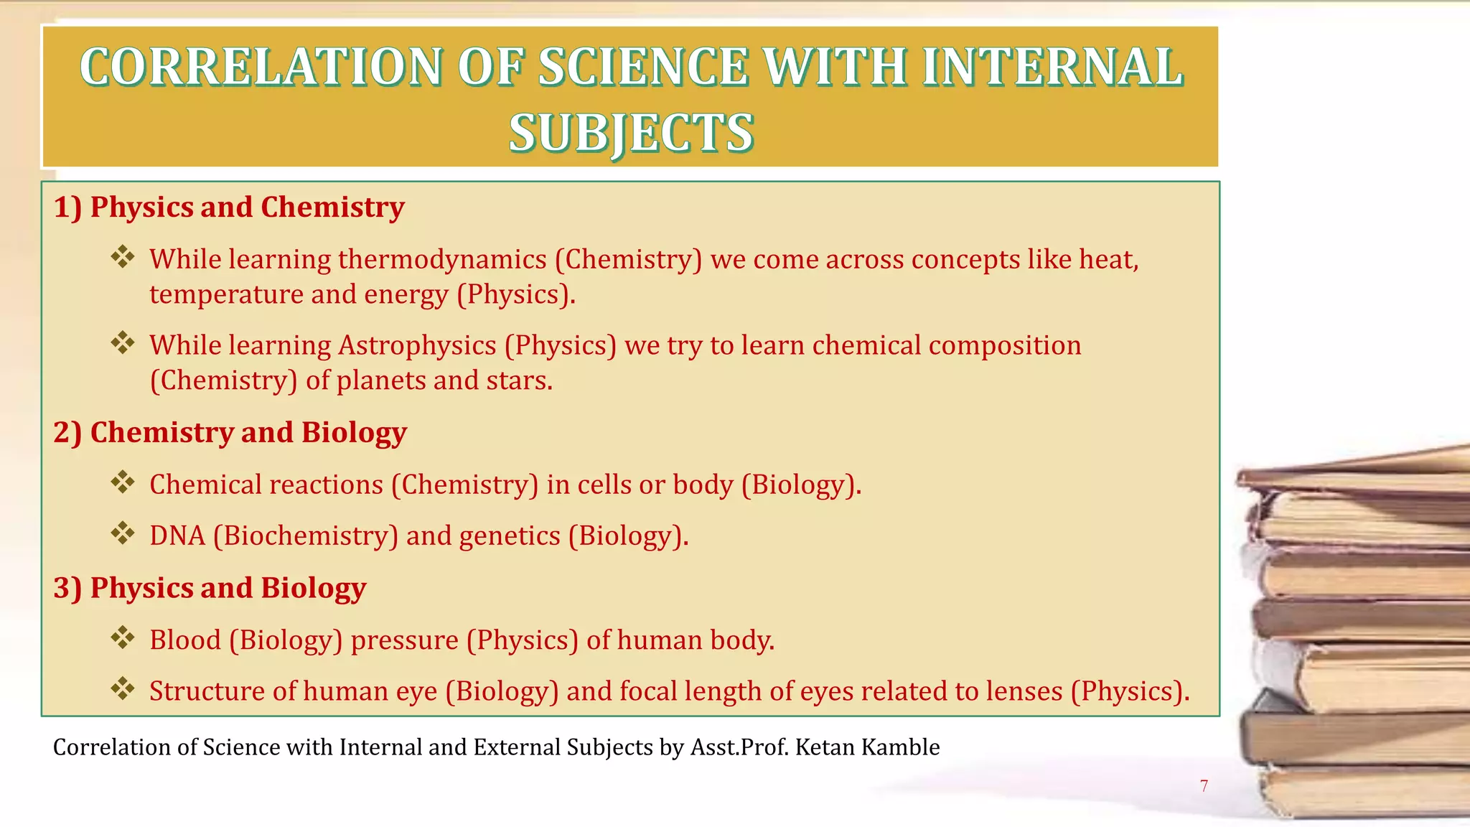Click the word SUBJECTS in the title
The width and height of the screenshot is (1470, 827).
click(x=631, y=134)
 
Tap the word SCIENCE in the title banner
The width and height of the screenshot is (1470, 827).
click(x=643, y=67)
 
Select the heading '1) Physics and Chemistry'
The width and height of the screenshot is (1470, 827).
click(x=229, y=207)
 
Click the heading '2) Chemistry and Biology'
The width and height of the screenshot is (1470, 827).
click(x=230, y=433)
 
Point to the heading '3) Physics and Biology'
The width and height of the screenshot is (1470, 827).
click(x=210, y=588)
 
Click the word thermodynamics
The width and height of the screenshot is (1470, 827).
click(x=442, y=259)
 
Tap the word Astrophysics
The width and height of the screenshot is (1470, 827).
click(x=417, y=345)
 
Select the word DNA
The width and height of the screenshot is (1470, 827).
click(x=177, y=536)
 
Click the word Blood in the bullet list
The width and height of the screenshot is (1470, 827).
click(x=185, y=640)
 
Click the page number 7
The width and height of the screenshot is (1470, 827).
click(x=1204, y=786)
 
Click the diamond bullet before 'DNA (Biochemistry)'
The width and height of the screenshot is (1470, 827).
click(x=123, y=534)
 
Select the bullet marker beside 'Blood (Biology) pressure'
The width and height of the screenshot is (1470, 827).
click(x=123, y=638)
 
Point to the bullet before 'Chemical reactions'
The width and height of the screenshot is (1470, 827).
click(x=123, y=482)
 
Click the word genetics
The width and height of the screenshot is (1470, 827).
click(x=510, y=536)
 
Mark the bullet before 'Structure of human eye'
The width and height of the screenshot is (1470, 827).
click(x=123, y=689)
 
